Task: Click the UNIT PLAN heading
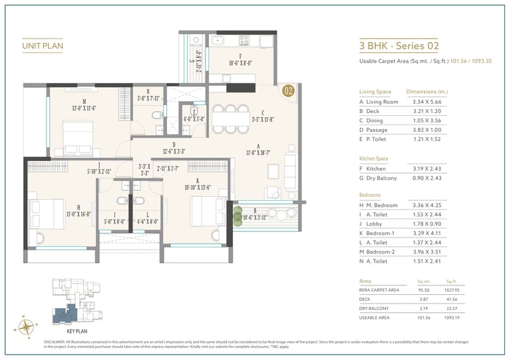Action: point(42,46)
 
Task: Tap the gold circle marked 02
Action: point(288,91)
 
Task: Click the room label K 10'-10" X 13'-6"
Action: point(197,184)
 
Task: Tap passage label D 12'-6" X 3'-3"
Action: point(174,148)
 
